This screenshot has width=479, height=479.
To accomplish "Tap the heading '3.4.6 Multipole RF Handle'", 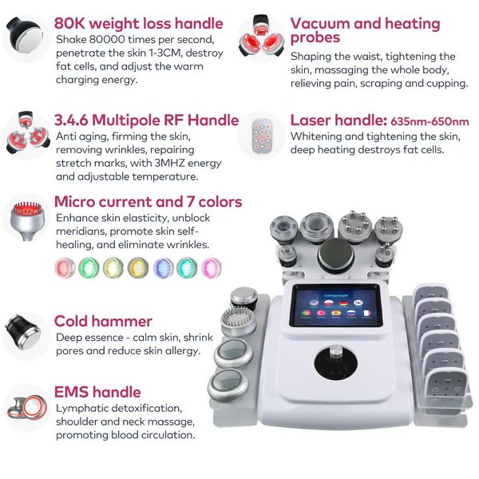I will [x=146, y=121].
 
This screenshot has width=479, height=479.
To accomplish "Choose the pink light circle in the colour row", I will [x=211, y=266].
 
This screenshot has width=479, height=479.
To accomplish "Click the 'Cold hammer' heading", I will [x=103, y=321].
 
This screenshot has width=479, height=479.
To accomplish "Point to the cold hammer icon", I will [x=22, y=328].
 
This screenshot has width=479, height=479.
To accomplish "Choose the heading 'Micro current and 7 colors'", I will [x=148, y=201].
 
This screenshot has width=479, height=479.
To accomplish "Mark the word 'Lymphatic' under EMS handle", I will [x=84, y=408].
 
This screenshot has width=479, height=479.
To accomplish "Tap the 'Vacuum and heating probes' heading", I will [x=365, y=31].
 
